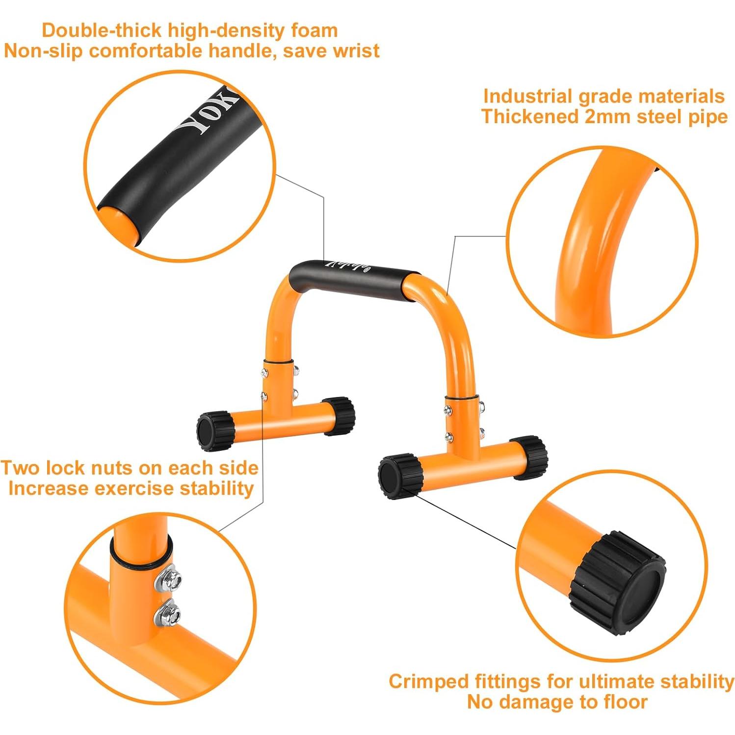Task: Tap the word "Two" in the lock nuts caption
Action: point(22,468)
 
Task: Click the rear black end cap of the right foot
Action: point(529,456)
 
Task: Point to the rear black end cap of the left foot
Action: point(340,416)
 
